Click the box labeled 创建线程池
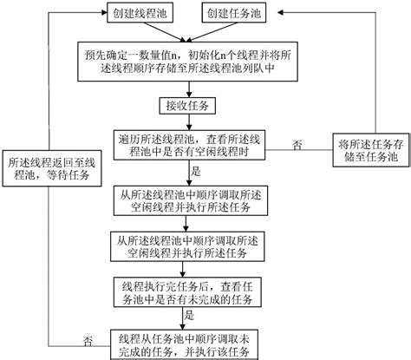(x=140, y=13)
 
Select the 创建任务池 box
(x=234, y=13)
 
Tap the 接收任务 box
(x=187, y=106)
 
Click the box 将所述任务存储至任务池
(x=371, y=150)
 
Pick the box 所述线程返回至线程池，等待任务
(x=52, y=168)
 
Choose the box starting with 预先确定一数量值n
(x=187, y=62)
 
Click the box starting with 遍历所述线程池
(x=189, y=145)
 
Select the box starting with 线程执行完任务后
(x=187, y=292)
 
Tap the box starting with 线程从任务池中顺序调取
(x=184, y=344)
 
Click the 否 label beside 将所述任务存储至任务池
(x=297, y=145)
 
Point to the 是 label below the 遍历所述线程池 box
(x=196, y=171)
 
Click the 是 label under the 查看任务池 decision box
(x=189, y=315)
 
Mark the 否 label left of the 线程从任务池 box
(x=88, y=341)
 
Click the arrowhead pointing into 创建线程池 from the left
(x=104, y=12)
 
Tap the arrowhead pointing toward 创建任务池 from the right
(x=281, y=12)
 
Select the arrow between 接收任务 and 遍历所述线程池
(x=189, y=122)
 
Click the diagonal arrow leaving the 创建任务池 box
(x=211, y=31)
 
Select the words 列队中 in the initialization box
(x=258, y=69)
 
